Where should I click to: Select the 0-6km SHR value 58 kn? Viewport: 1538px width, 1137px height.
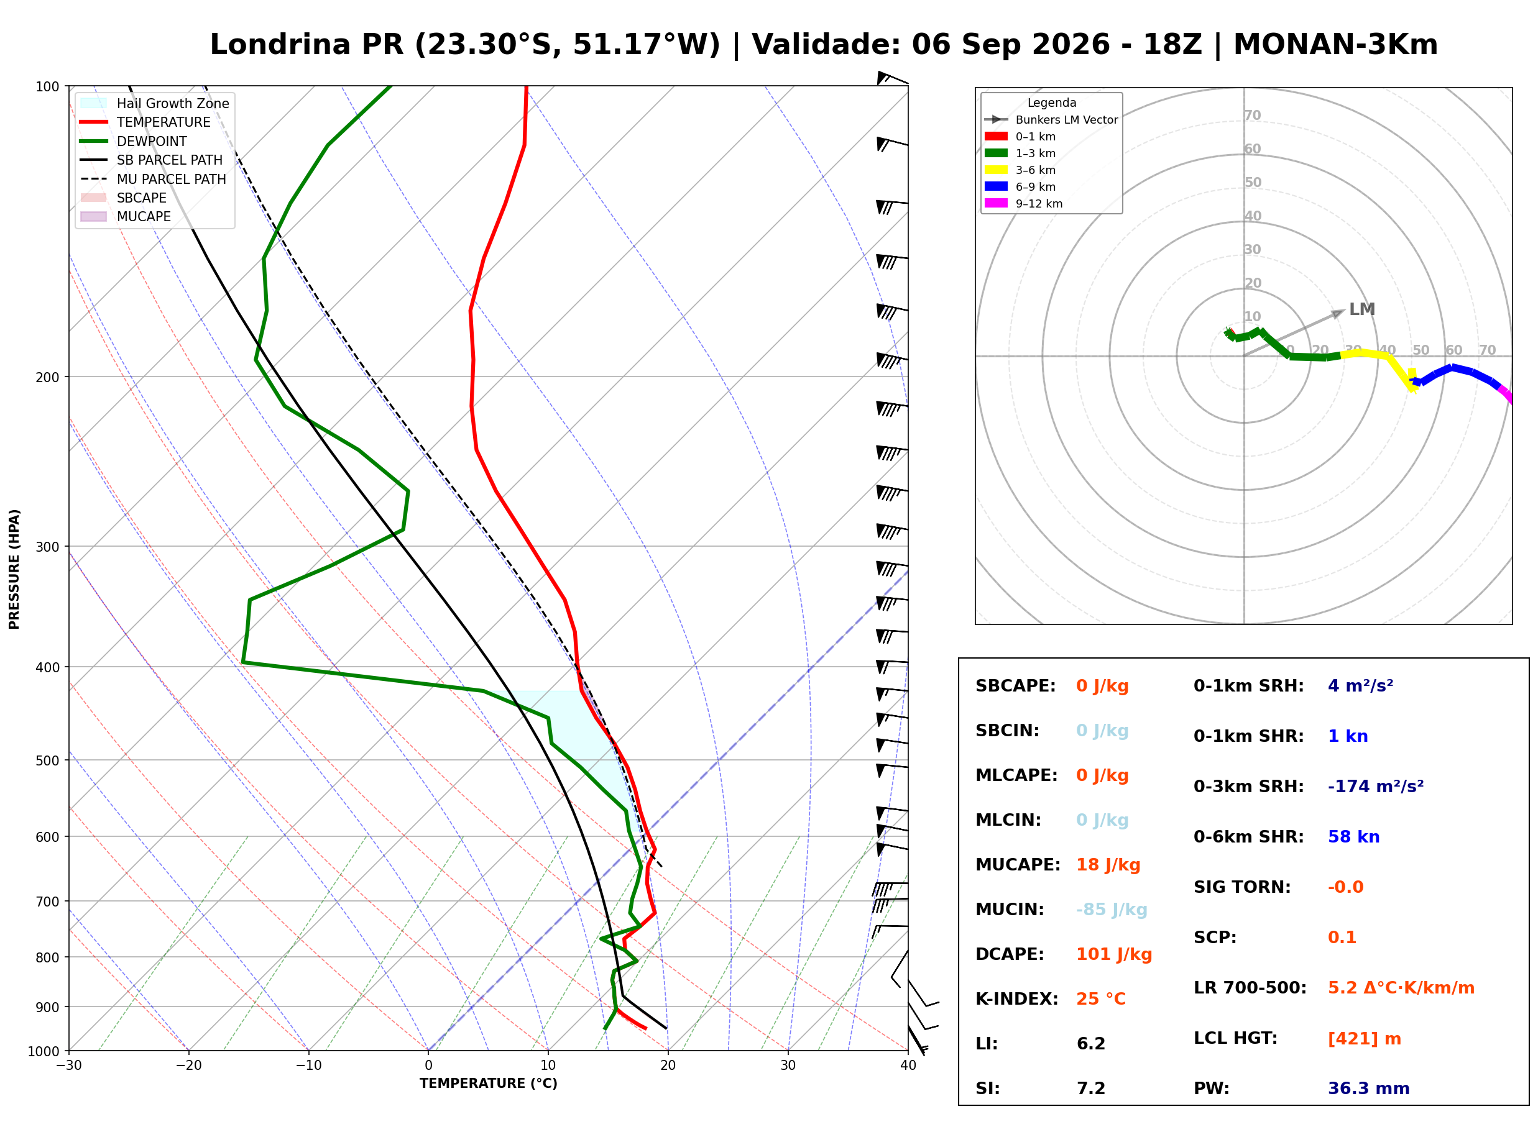tap(1353, 837)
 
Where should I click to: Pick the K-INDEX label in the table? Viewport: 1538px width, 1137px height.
tap(1016, 999)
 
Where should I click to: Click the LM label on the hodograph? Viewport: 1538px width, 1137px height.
tap(1361, 309)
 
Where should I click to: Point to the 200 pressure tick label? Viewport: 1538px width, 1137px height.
tap(47, 377)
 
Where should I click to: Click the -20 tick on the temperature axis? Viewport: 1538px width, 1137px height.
tap(188, 1066)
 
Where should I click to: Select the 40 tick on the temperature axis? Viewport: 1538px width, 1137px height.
tap(908, 1066)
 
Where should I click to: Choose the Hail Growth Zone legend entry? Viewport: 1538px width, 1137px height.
tap(155, 104)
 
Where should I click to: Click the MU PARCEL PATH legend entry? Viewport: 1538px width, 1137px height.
tap(153, 180)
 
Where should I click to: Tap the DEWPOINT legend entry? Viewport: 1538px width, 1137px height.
tap(134, 142)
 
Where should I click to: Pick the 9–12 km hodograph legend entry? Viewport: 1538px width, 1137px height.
tap(1023, 204)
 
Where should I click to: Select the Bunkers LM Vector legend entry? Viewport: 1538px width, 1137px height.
tap(1051, 120)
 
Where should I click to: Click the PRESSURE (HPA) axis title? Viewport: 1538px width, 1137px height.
tap(14, 569)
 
